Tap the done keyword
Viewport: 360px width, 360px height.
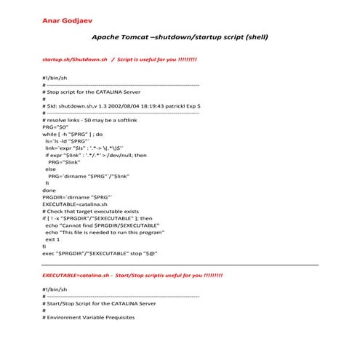[49, 189]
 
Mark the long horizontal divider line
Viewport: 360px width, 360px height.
[180, 265]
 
